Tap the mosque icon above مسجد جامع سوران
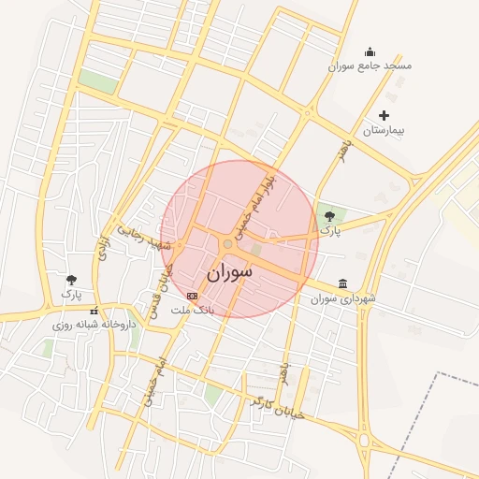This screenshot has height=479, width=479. coord(370,51)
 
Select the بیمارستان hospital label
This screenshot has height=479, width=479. coord(384,130)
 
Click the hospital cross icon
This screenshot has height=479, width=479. coord(384,115)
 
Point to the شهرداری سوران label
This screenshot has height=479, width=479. coord(344,298)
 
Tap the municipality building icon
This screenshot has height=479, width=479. coord(343,283)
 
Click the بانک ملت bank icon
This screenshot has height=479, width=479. coord(193,296)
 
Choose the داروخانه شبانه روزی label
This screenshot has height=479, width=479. coord(94,325)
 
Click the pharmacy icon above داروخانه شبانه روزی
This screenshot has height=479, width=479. coord(93,311)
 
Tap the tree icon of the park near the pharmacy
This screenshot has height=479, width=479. coord(72,279)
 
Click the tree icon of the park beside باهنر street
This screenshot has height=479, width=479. coord(327,216)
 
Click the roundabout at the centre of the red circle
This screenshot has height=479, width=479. coord(227,244)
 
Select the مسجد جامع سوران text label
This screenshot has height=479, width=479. coord(370,66)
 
